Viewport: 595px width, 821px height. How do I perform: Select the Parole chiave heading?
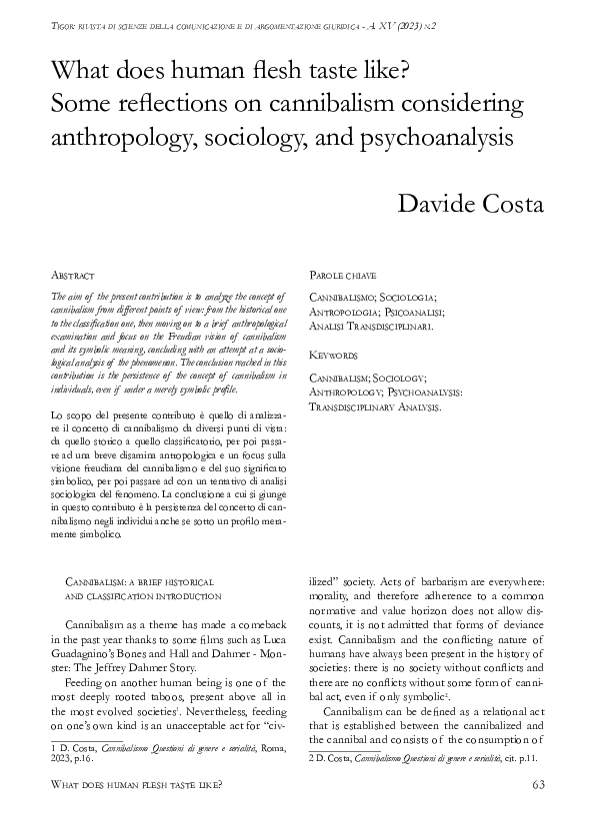[x=342, y=274]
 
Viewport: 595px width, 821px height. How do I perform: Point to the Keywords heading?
[x=333, y=355]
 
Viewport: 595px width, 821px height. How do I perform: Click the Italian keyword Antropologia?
[x=347, y=311]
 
